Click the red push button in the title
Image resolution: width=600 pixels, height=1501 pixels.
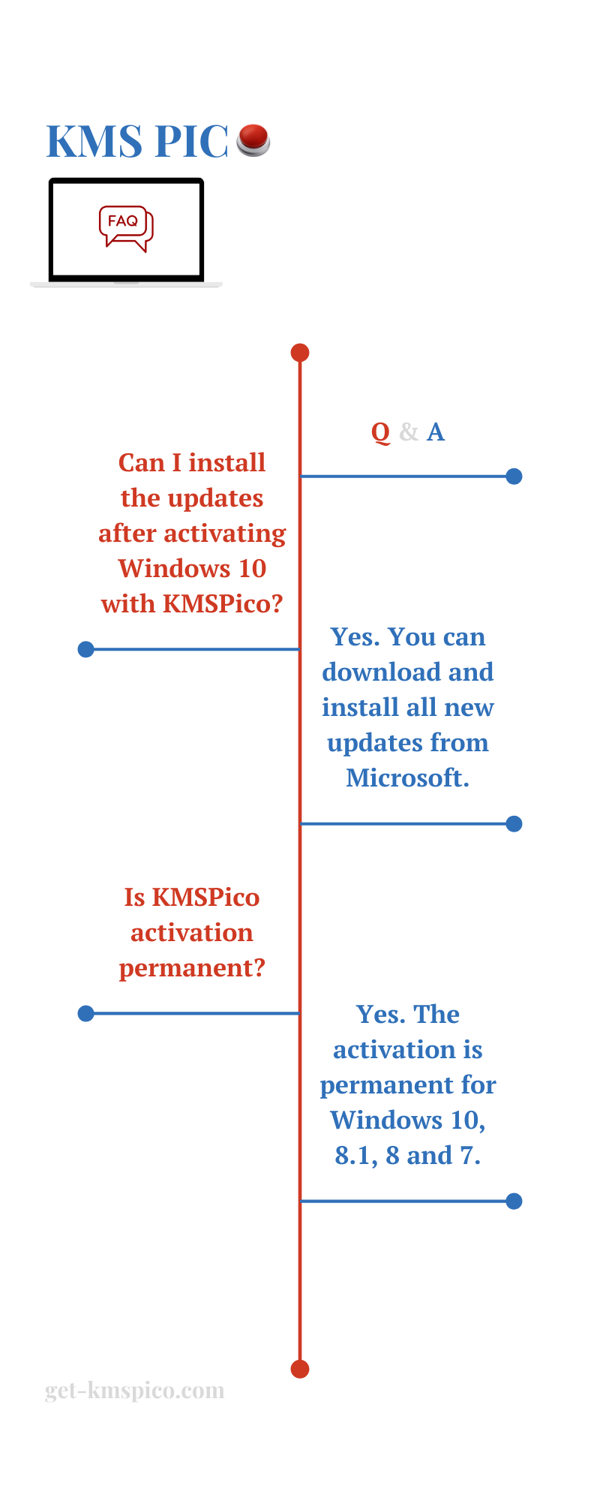tap(253, 140)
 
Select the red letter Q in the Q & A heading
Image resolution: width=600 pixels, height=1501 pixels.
tap(381, 432)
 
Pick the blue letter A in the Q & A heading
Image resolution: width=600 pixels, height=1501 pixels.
tap(436, 432)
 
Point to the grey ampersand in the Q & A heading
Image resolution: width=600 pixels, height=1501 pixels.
tap(409, 432)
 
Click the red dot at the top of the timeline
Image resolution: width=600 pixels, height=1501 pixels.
tap(300, 353)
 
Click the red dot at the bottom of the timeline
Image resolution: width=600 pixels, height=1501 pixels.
tap(300, 1369)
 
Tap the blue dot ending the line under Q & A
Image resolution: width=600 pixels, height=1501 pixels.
tap(514, 477)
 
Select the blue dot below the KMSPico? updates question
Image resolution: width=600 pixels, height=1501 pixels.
tap(86, 649)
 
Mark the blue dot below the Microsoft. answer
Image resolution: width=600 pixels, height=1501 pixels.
tap(514, 824)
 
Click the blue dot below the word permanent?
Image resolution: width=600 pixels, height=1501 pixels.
tap(86, 1014)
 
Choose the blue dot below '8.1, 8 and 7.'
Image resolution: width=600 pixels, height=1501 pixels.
tap(514, 1202)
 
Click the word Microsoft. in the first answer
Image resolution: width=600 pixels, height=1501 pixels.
tap(408, 778)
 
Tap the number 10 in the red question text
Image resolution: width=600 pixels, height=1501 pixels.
tap(252, 569)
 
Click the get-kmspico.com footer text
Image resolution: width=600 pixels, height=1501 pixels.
tap(135, 1391)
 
